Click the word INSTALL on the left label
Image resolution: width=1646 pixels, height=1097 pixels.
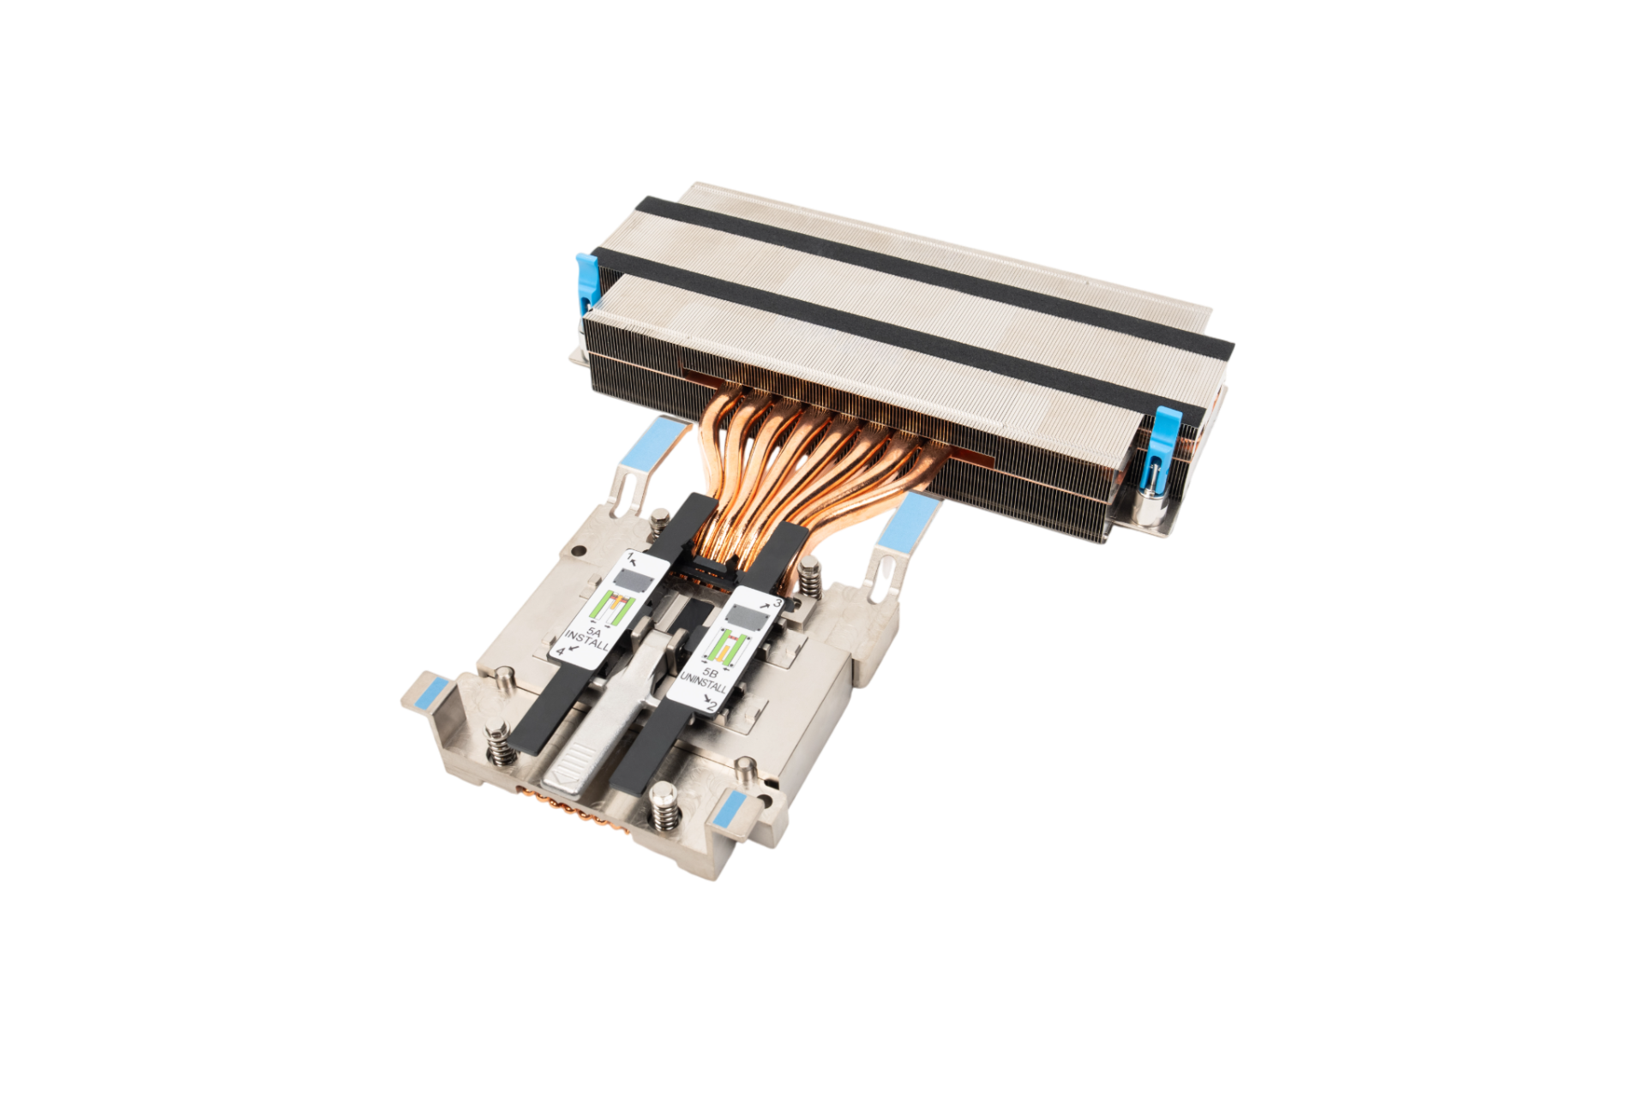tap(587, 641)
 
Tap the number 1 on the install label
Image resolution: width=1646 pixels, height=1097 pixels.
tap(630, 558)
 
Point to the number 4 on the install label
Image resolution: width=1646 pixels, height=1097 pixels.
tap(561, 651)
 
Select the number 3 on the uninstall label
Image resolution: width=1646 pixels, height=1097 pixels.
tap(777, 603)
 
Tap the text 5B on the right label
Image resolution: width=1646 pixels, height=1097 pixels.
tap(710, 674)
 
